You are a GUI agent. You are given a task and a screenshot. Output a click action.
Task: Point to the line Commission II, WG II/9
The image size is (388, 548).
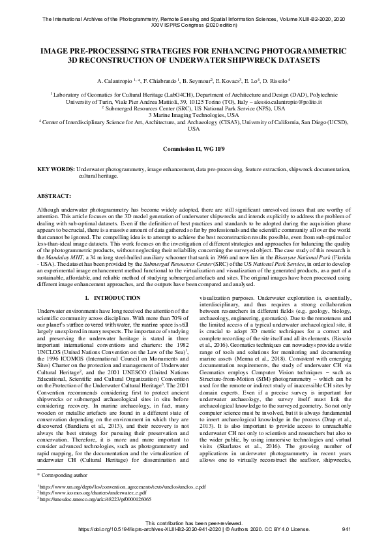pyautogui.click(x=194, y=148)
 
